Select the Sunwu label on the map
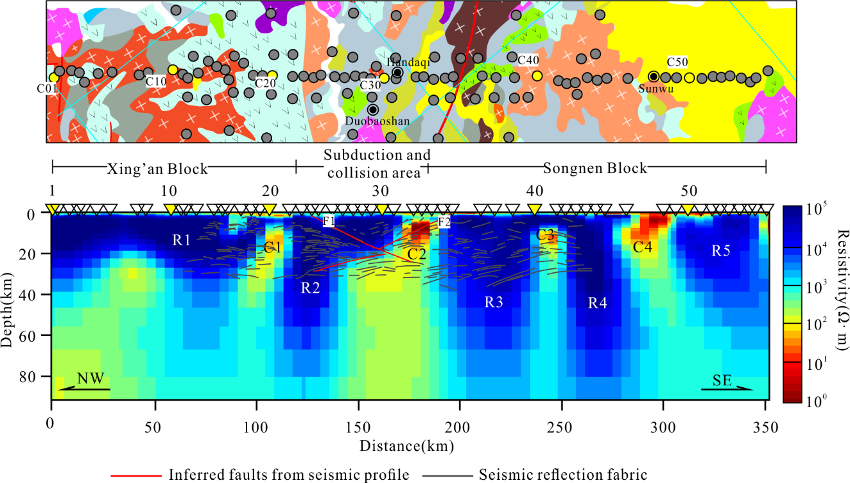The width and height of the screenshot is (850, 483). point(655,89)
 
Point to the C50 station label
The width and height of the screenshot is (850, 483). point(677,62)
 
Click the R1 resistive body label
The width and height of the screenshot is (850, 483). point(182,240)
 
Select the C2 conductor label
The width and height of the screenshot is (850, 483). point(417,254)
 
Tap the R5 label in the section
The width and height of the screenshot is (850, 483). point(720,251)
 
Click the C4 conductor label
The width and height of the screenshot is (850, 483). point(643,247)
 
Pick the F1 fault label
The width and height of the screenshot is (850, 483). point(329,222)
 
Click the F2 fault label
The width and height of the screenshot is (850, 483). point(444,222)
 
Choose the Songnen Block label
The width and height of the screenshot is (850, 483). point(595,169)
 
